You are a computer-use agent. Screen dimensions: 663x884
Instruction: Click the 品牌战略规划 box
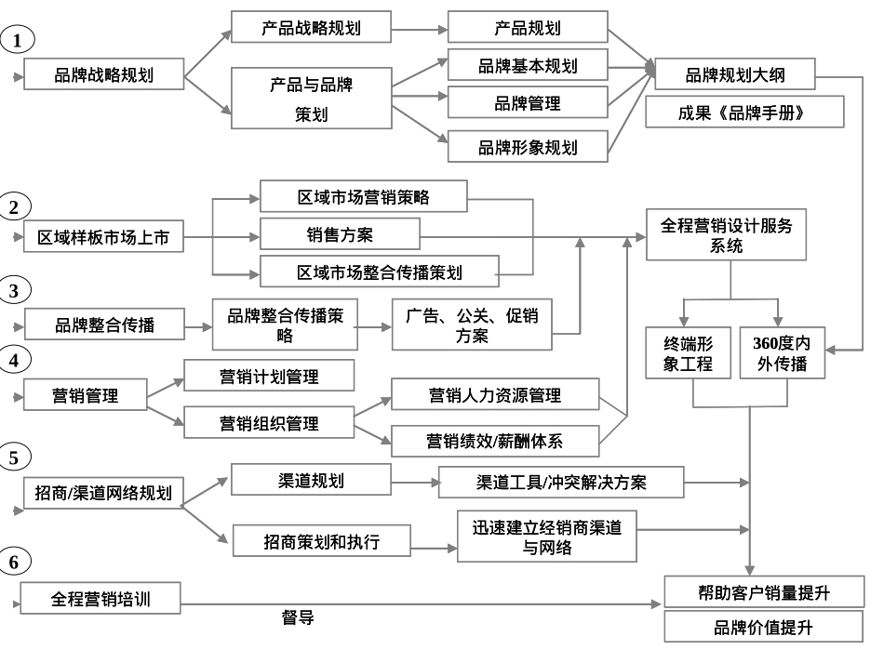(x=103, y=75)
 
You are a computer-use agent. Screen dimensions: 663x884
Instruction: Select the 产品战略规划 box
(x=310, y=28)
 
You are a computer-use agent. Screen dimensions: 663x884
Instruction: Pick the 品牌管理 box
(x=528, y=103)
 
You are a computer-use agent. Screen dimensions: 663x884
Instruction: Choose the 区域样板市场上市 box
(x=103, y=238)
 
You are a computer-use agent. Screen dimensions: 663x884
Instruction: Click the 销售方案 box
(x=340, y=233)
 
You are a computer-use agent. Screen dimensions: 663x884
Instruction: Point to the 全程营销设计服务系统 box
(x=727, y=235)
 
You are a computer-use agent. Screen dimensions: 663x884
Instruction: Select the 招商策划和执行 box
(x=321, y=541)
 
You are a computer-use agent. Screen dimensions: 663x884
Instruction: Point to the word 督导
(x=297, y=617)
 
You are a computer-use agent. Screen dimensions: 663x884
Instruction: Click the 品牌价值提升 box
(x=762, y=628)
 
